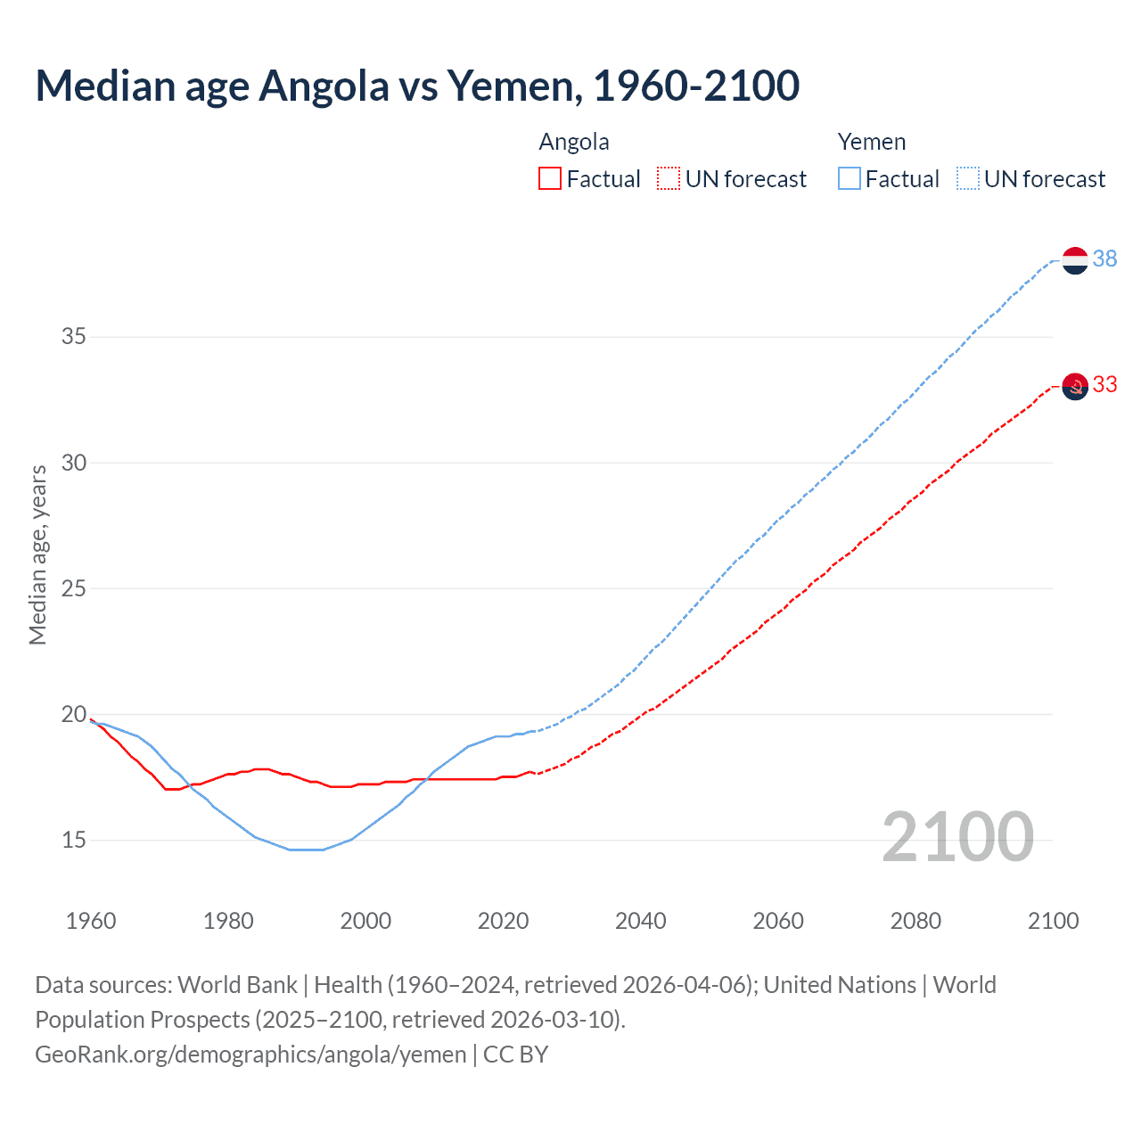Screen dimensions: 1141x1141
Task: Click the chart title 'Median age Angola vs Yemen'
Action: click(417, 86)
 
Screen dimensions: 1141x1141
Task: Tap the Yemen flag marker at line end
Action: click(1075, 260)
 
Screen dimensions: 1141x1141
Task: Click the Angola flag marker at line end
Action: click(1075, 386)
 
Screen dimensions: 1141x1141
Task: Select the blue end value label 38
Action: click(1104, 259)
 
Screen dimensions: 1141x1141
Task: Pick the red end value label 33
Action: click(1104, 384)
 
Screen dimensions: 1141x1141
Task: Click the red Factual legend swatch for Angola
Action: click(550, 179)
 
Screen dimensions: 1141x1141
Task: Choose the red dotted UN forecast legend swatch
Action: click(669, 179)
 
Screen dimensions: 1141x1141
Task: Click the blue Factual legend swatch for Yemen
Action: click(849, 179)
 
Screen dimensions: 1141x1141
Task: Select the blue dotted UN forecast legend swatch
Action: click(967, 179)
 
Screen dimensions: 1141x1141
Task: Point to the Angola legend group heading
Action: click(574, 142)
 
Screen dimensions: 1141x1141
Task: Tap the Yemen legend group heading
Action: click(871, 142)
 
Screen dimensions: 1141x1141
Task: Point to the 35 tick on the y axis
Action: click(73, 337)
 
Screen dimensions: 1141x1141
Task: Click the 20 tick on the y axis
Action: click(73, 714)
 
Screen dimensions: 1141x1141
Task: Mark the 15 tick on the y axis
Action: click(73, 840)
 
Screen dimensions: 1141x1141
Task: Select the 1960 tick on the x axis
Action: click(91, 921)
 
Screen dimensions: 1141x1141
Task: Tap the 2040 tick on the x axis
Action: click(640, 921)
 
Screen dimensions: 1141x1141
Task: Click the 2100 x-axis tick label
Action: click(1053, 921)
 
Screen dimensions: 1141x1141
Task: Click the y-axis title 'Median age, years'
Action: click(37, 554)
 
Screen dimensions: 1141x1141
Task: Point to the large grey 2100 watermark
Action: click(957, 838)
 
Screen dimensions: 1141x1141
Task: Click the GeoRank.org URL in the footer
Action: click(250, 1055)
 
